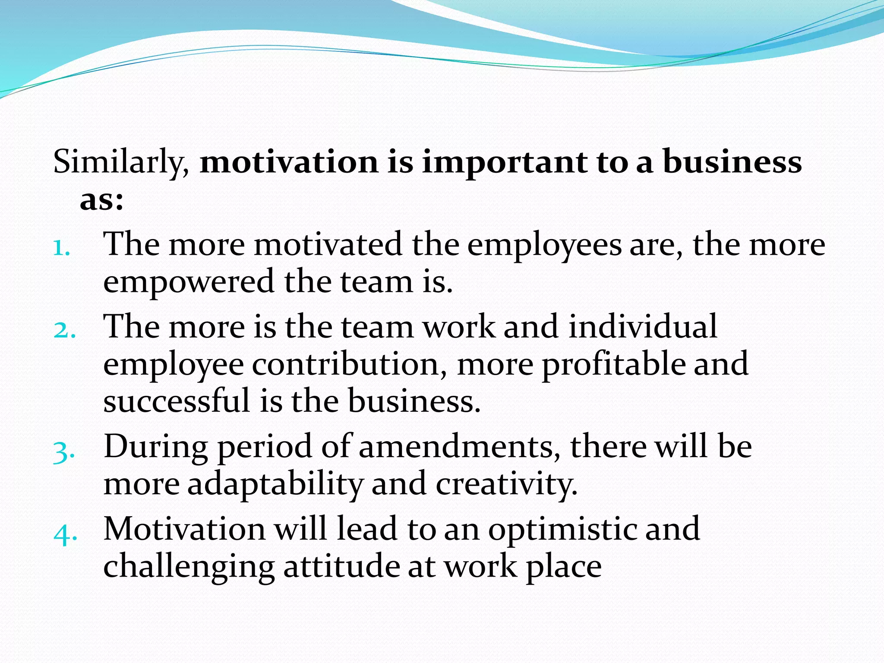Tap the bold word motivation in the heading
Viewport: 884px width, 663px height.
coord(289,162)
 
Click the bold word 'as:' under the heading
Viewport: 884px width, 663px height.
coord(101,201)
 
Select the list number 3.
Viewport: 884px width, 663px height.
coord(63,453)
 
